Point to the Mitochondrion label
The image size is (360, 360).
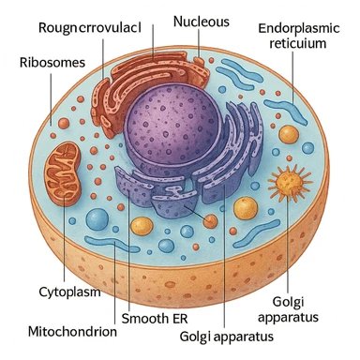(x=73, y=331)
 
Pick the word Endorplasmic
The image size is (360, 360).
(x=303, y=27)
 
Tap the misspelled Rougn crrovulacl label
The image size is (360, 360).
(x=91, y=27)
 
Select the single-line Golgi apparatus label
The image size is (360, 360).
(x=228, y=336)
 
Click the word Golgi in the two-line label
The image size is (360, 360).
(x=289, y=301)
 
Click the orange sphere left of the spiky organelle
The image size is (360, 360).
(x=246, y=207)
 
